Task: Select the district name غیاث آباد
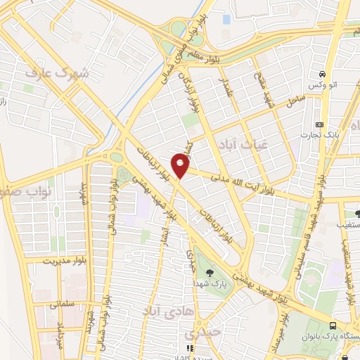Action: [x=245, y=143]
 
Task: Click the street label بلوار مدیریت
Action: [x=50, y=260]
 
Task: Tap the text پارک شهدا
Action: [x=209, y=281]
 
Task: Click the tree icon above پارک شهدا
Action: [x=209, y=270]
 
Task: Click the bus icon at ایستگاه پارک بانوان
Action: [x=333, y=326]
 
